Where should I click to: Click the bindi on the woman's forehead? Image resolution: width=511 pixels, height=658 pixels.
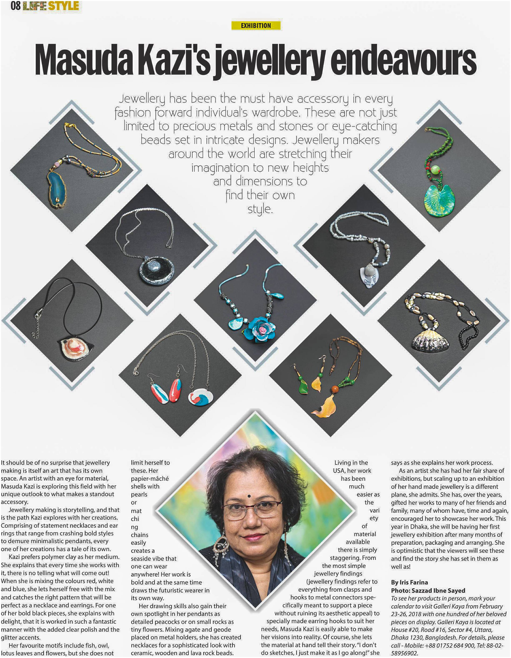click(249, 496)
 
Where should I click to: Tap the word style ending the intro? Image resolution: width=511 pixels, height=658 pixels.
click(260, 209)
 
